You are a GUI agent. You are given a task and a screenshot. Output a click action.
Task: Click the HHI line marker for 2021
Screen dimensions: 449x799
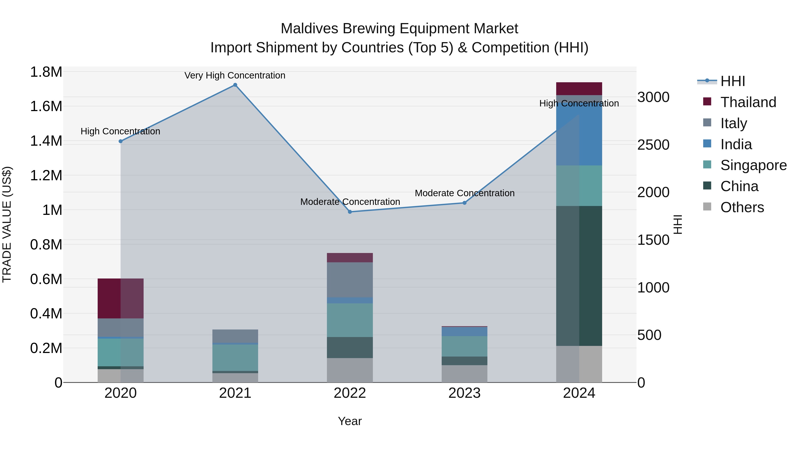click(x=235, y=85)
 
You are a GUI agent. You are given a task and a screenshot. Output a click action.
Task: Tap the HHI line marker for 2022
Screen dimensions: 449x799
click(x=350, y=212)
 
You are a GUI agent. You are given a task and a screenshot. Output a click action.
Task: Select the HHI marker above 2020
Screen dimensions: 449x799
click(x=121, y=141)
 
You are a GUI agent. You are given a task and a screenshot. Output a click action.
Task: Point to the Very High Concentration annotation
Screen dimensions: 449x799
click(x=235, y=75)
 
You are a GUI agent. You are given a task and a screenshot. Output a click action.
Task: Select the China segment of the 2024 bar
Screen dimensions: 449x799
click(x=579, y=276)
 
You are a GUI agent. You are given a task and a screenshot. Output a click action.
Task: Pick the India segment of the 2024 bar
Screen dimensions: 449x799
click(x=579, y=130)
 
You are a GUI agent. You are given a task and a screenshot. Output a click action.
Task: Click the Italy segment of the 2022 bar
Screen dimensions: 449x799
click(x=350, y=280)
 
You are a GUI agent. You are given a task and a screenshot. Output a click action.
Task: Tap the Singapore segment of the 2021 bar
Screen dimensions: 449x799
click(x=235, y=358)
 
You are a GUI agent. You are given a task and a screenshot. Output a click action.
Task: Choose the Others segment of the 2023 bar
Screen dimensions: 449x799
click(x=464, y=374)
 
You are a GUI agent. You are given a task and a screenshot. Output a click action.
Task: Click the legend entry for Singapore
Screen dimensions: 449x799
click(x=753, y=165)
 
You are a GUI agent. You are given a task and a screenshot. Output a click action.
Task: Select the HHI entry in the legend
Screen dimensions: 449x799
click(x=732, y=81)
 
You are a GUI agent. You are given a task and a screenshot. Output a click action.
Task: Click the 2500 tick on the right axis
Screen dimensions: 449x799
click(x=653, y=145)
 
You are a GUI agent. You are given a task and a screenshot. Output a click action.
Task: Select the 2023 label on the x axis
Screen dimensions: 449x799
click(x=464, y=393)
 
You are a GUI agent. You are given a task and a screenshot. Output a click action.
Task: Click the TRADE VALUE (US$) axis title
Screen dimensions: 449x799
click(x=7, y=224)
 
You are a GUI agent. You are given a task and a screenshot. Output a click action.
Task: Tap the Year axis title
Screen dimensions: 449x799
click(x=350, y=421)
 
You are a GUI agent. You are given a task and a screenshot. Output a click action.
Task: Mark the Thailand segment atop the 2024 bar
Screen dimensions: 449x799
click(x=579, y=89)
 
